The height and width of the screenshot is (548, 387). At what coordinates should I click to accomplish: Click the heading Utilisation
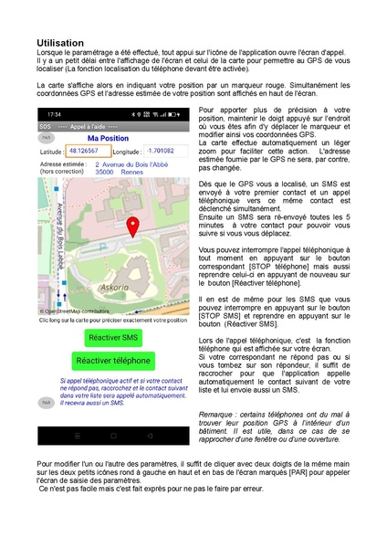60,43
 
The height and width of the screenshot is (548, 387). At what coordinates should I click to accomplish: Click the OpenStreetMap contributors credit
74,311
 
